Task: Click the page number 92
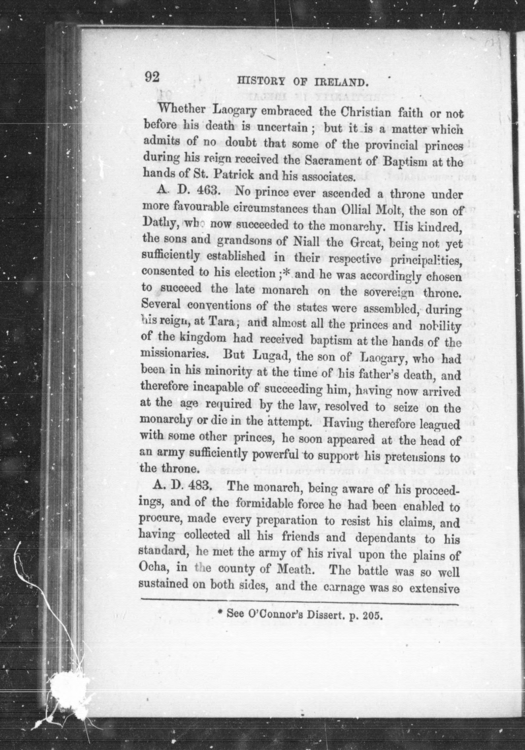(152, 78)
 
